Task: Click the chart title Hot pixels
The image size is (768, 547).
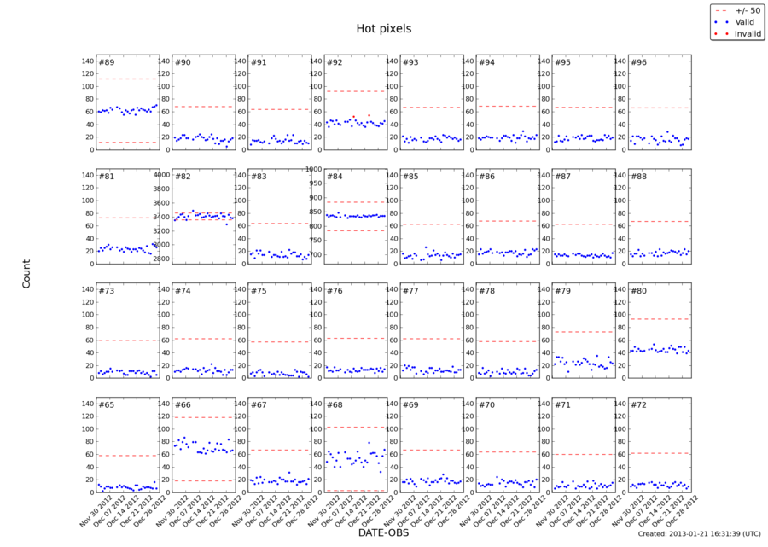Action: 383,29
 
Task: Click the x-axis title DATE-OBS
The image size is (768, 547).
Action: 383,532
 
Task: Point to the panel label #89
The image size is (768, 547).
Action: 107,62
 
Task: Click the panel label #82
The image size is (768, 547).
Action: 183,177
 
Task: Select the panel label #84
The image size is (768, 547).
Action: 335,177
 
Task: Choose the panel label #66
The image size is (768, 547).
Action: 183,404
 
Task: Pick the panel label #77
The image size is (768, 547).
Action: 410,291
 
